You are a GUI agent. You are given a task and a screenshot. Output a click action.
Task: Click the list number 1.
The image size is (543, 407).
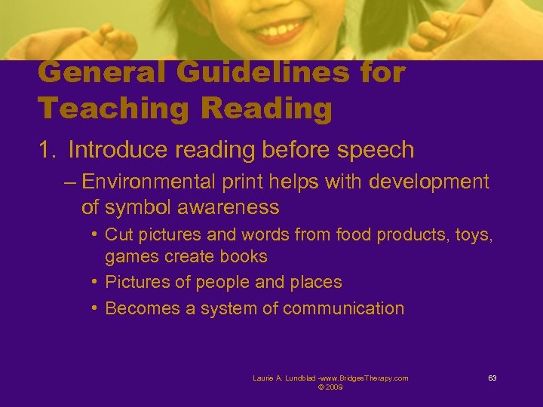point(46,150)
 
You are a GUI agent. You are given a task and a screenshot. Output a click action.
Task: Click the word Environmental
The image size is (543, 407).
point(149,182)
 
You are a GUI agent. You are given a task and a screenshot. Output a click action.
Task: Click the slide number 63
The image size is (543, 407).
point(492,378)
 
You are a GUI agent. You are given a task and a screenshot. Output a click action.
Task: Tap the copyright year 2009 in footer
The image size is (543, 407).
point(334,387)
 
